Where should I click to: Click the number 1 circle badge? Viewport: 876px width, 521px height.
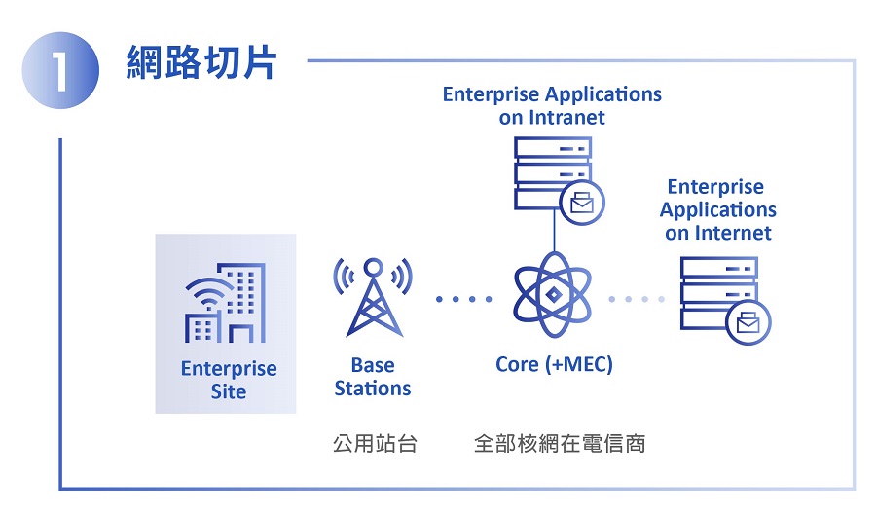click(59, 72)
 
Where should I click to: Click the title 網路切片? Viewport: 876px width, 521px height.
click(201, 62)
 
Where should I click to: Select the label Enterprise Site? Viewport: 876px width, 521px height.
click(229, 381)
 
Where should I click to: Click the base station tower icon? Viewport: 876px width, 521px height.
click(373, 297)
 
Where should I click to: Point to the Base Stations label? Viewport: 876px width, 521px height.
click(373, 377)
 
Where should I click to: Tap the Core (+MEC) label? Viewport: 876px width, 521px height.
click(554, 365)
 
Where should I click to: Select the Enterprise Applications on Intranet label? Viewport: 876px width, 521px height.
click(552, 106)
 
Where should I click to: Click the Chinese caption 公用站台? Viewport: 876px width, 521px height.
click(375, 444)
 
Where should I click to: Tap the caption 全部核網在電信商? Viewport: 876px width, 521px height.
click(560, 444)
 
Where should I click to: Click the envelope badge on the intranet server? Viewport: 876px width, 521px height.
click(582, 203)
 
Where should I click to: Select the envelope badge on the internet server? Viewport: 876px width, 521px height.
click(748, 323)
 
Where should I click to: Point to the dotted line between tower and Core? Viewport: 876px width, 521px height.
click(464, 299)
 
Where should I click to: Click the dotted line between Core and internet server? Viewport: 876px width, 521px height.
click(638, 299)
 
